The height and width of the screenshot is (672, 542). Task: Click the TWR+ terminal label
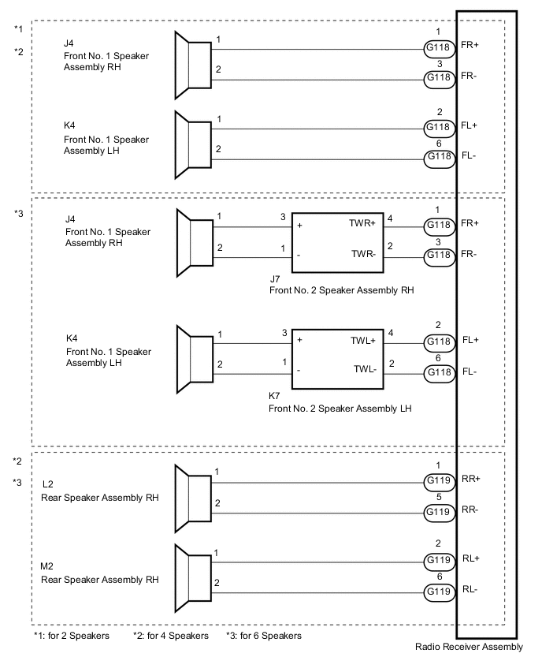(x=365, y=224)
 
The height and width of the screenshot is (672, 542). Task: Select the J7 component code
(x=275, y=279)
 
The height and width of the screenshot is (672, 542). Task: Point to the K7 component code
(x=275, y=397)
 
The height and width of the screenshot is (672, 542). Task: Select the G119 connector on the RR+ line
(x=439, y=480)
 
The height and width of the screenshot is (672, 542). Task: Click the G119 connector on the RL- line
(x=439, y=591)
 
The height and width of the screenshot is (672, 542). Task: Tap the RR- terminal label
(x=470, y=510)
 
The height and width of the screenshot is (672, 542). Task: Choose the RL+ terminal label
(x=470, y=558)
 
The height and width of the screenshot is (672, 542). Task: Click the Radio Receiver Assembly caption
(x=469, y=648)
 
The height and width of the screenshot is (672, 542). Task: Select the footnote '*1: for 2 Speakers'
(x=72, y=635)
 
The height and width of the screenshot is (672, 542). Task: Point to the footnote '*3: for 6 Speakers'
(x=263, y=635)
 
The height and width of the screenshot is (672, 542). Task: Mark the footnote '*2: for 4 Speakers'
(x=171, y=635)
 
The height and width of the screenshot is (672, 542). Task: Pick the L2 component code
(x=48, y=483)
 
